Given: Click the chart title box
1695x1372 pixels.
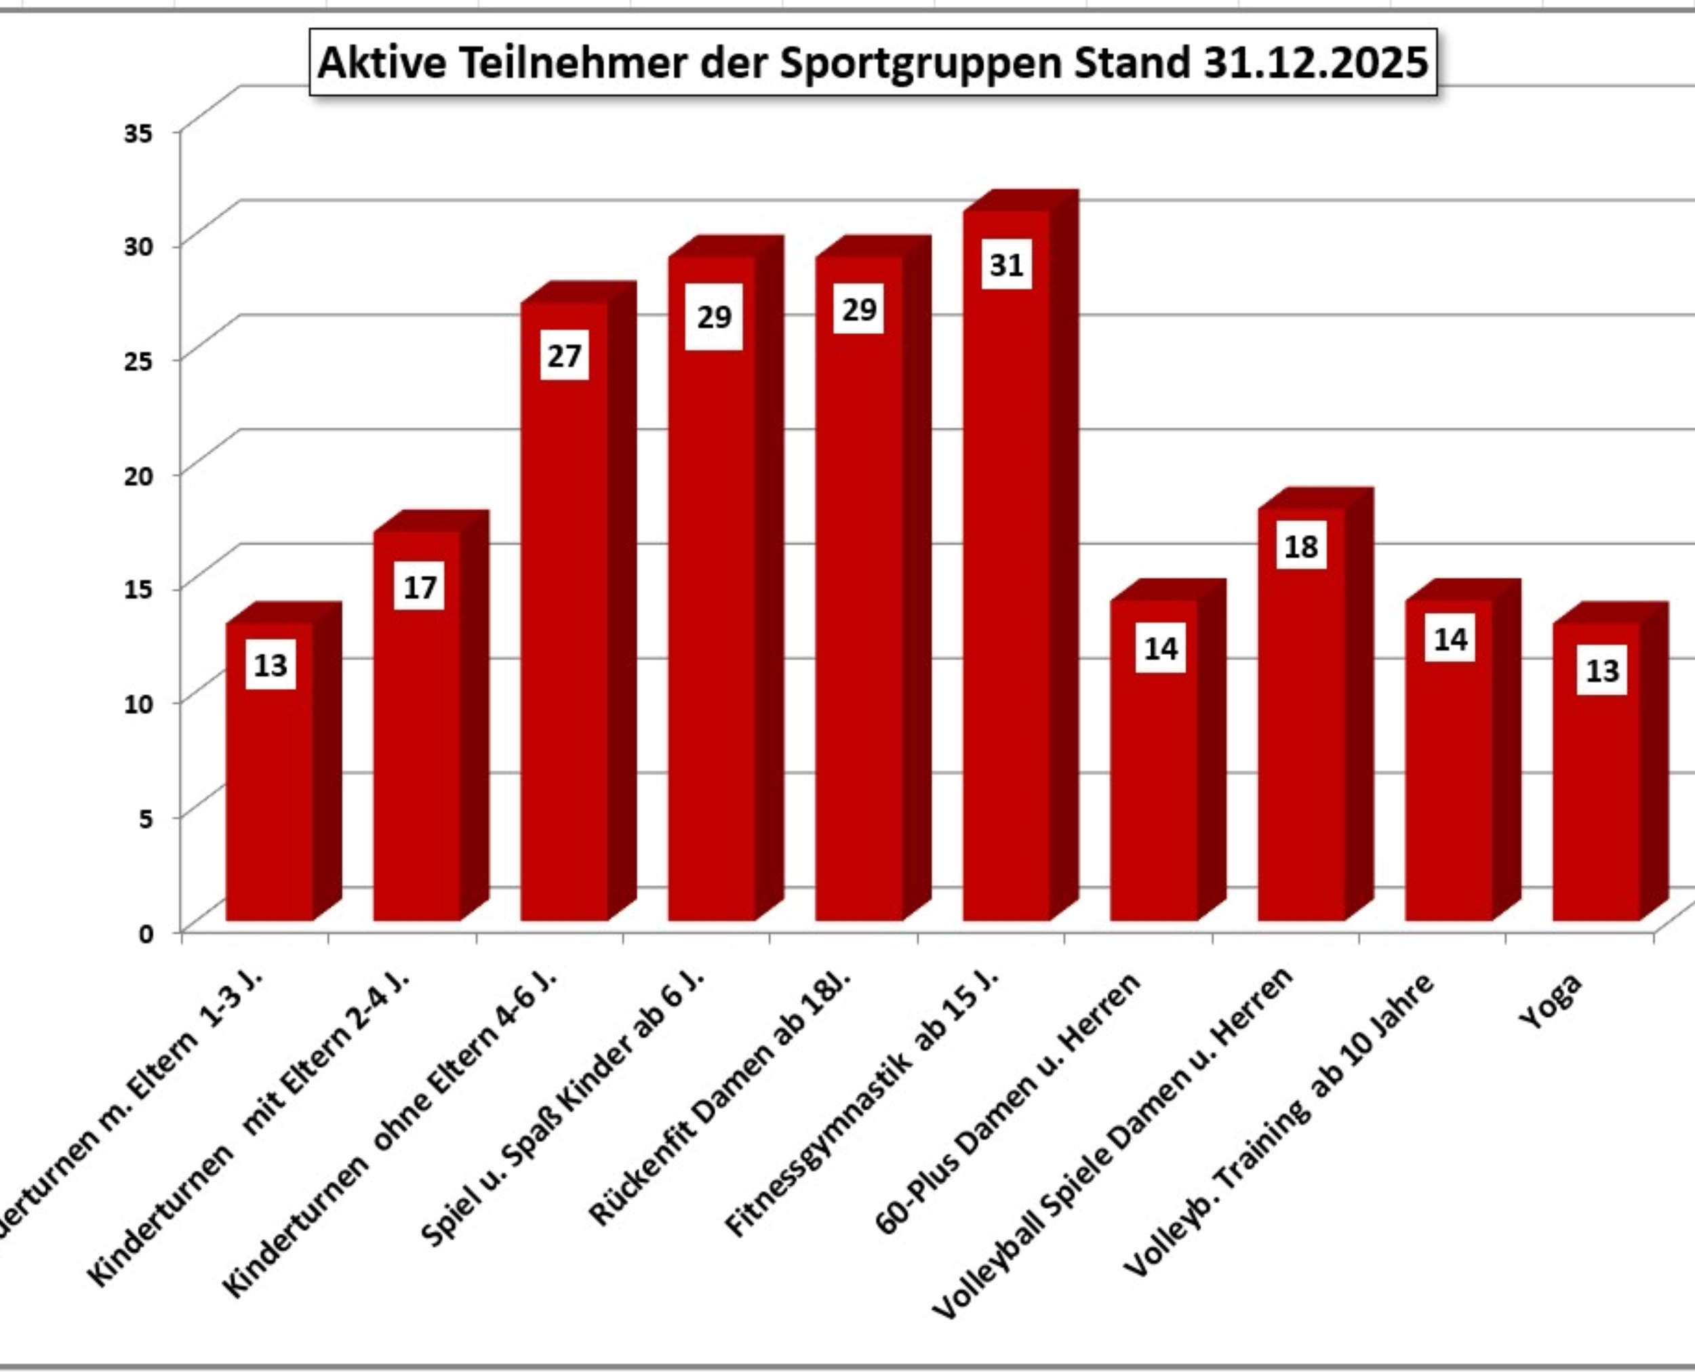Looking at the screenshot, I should coord(872,62).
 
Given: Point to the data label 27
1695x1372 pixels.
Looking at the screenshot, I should coord(565,357).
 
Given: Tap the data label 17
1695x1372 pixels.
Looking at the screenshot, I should coord(419,587).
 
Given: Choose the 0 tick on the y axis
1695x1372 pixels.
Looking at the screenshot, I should coord(146,933).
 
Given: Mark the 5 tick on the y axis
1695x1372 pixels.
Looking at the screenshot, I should coord(146,819).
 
